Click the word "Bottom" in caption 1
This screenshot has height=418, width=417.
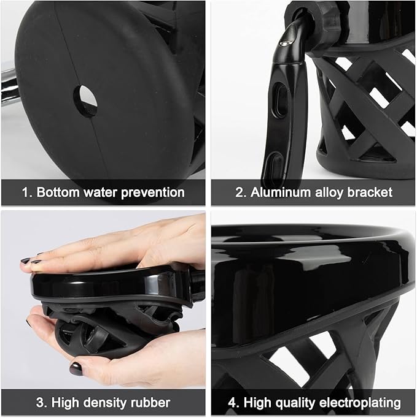[58, 192]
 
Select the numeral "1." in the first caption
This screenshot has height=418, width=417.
[27, 192]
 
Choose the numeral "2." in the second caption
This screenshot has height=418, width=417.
[241, 192]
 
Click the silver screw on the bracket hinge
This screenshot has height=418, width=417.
[284, 41]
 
